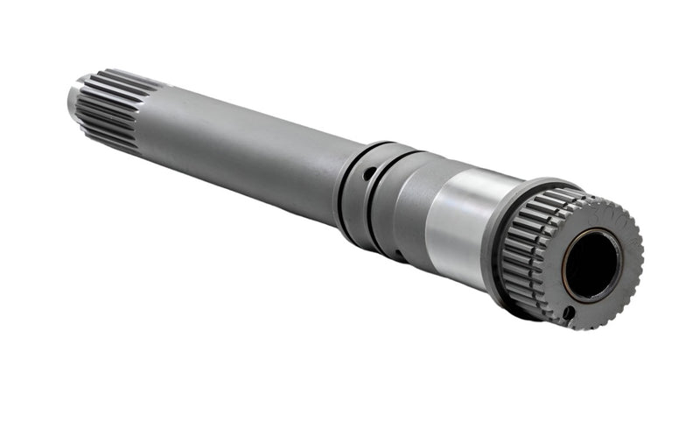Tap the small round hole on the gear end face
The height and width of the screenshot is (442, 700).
[569, 312]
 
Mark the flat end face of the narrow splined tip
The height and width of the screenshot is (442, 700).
[73, 101]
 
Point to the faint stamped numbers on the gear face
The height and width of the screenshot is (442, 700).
[612, 214]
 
